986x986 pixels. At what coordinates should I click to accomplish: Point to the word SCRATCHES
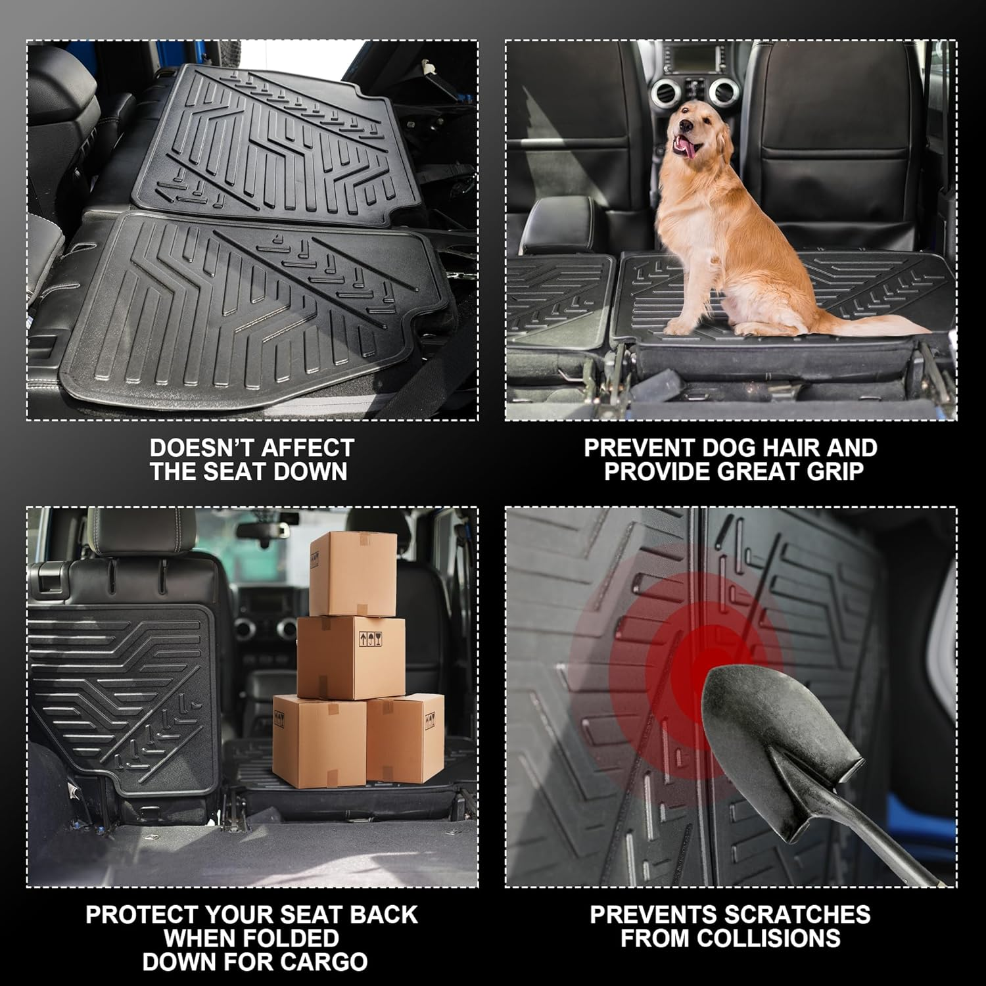click(x=798, y=914)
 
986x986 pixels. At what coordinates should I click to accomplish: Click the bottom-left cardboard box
click(x=319, y=741)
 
